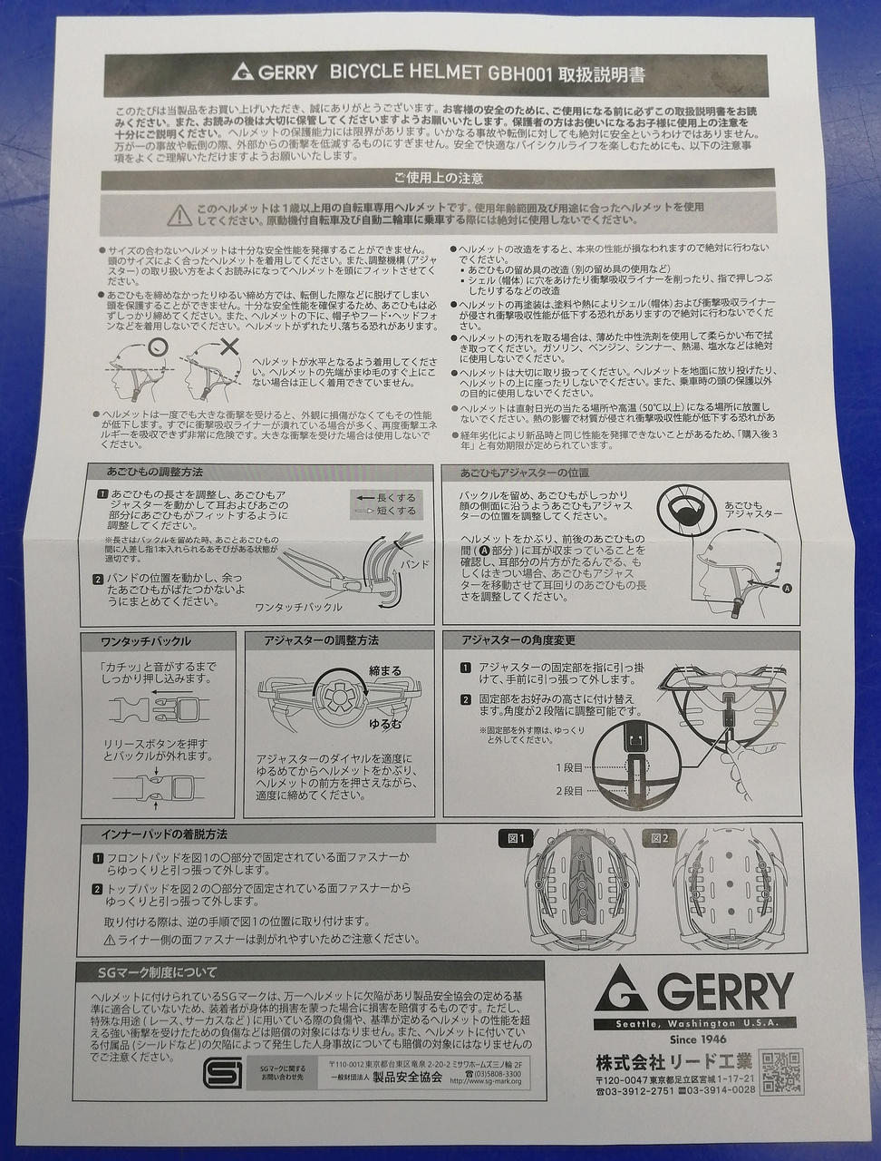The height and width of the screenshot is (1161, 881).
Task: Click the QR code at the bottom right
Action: tap(780, 1071)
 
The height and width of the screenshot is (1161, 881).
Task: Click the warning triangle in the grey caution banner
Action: tap(179, 214)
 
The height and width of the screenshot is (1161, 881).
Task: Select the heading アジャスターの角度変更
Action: tap(518, 640)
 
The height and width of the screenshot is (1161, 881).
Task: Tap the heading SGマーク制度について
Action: tap(158, 972)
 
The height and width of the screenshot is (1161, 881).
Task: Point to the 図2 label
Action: tap(660, 838)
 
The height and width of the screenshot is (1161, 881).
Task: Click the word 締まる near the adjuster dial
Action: tap(384, 671)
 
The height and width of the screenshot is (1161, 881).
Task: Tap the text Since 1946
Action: tap(694, 1039)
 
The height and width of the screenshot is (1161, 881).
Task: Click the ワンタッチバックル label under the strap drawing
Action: tap(298, 607)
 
